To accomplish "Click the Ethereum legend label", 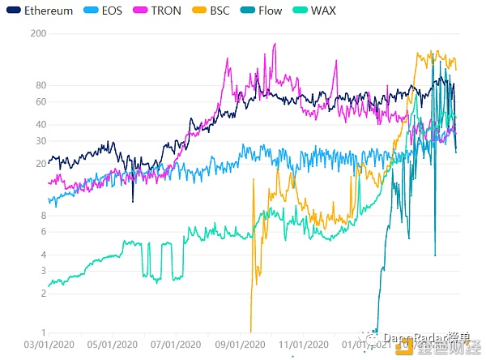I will tap(49, 11).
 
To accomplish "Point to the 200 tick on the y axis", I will tap(37, 33).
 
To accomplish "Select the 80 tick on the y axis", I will tap(40, 85).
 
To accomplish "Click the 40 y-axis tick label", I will tap(40, 124).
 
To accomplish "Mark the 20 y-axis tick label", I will tap(40, 164).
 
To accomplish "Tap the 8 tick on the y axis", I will tap(42, 216).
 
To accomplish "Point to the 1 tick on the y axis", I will tap(42, 333).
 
